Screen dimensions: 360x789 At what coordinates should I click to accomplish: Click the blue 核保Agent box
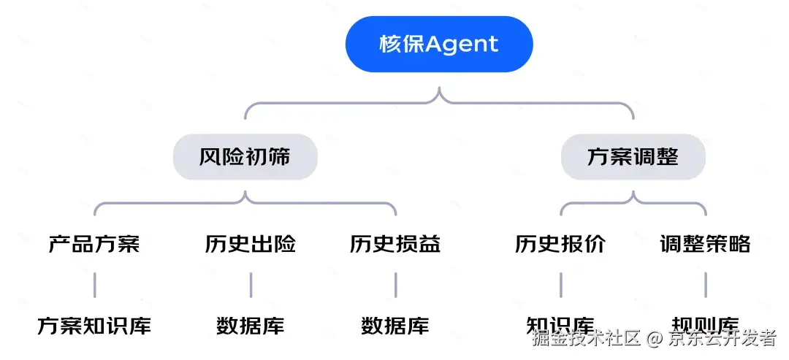[x=439, y=44]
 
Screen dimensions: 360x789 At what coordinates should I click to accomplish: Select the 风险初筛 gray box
[x=245, y=157]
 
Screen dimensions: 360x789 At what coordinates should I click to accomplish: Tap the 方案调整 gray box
[x=633, y=157]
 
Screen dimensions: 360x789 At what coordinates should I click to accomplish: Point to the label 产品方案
[x=94, y=244]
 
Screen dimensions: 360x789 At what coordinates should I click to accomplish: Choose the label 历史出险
[x=251, y=244]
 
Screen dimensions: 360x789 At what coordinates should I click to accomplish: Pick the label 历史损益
[x=395, y=244]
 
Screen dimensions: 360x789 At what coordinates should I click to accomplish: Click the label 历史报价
[x=560, y=244]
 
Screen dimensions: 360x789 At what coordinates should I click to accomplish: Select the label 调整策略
[x=705, y=244]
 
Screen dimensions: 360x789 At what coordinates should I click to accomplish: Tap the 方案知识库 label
[x=94, y=326]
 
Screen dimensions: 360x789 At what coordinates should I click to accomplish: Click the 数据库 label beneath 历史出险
[x=251, y=326]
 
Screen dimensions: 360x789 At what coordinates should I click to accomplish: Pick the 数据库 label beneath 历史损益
[x=395, y=326]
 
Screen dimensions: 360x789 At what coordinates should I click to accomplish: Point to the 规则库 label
[x=705, y=323]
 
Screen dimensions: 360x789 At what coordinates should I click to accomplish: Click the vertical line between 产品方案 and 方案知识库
[x=94, y=285]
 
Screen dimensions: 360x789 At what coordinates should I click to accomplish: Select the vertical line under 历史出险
[x=251, y=285]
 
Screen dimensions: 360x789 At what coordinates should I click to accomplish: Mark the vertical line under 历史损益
[x=395, y=285]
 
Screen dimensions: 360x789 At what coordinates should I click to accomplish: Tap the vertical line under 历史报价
[x=560, y=285]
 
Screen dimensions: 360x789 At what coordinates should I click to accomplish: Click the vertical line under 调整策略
[x=706, y=285]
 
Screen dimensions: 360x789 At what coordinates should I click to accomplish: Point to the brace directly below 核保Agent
[x=439, y=102]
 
